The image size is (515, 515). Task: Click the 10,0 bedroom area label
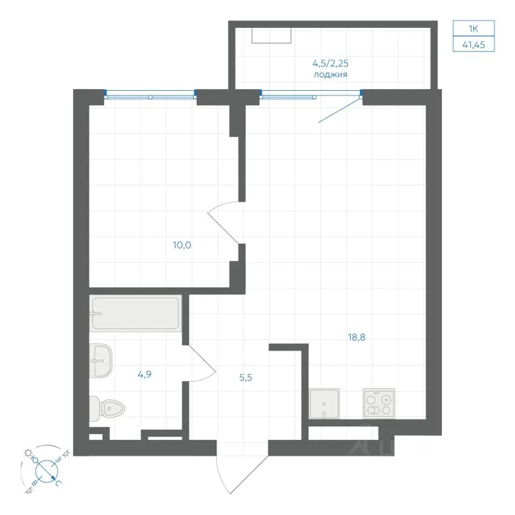click(182, 245)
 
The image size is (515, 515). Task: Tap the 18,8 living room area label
click(356, 337)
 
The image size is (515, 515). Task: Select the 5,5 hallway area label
click(246, 377)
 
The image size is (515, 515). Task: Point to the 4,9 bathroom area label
click(144, 374)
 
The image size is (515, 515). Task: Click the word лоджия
click(330, 75)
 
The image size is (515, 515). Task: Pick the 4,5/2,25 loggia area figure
click(330, 63)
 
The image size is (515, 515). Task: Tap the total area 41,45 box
click(474, 44)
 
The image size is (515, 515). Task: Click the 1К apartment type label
click(473, 28)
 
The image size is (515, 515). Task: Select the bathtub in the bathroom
click(136, 313)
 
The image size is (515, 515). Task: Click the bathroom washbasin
click(100, 360)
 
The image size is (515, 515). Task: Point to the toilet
click(107, 409)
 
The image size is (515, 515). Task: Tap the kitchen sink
click(324, 403)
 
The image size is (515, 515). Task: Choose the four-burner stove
click(379, 403)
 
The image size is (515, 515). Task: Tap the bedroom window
click(150, 95)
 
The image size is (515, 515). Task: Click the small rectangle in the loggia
click(271, 35)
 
